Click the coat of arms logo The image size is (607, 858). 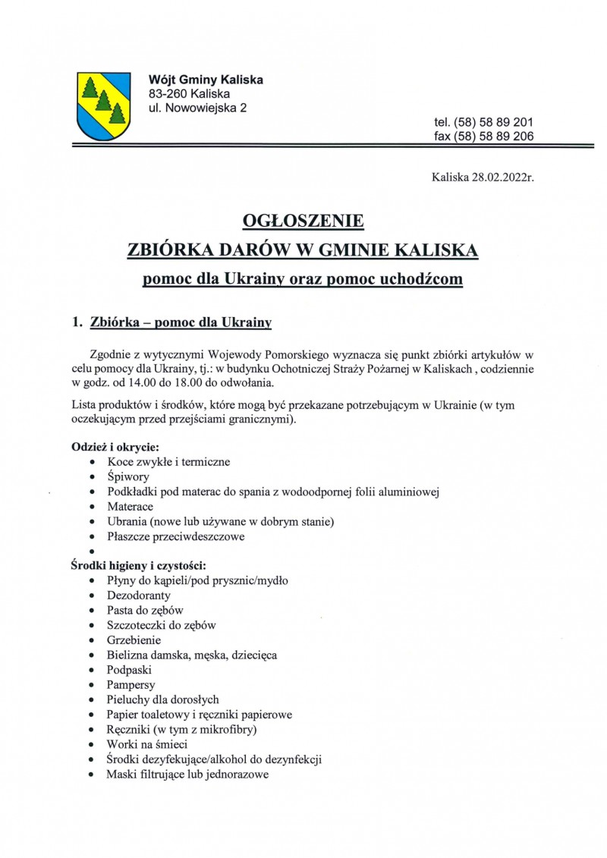click(103, 105)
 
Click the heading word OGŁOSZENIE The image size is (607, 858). click(303, 222)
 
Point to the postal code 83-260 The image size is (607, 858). click(168, 94)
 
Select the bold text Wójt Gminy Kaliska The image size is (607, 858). click(206, 80)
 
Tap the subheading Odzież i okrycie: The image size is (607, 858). click(115, 446)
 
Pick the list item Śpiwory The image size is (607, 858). click(128, 477)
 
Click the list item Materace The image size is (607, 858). click(131, 506)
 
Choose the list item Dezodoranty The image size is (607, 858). click(139, 596)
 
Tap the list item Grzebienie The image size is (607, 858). click(134, 640)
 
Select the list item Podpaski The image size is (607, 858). click(130, 670)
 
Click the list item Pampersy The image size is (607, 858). click(131, 685)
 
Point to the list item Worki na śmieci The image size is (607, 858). click(147, 744)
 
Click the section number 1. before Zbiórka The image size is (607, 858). click(77, 322)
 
